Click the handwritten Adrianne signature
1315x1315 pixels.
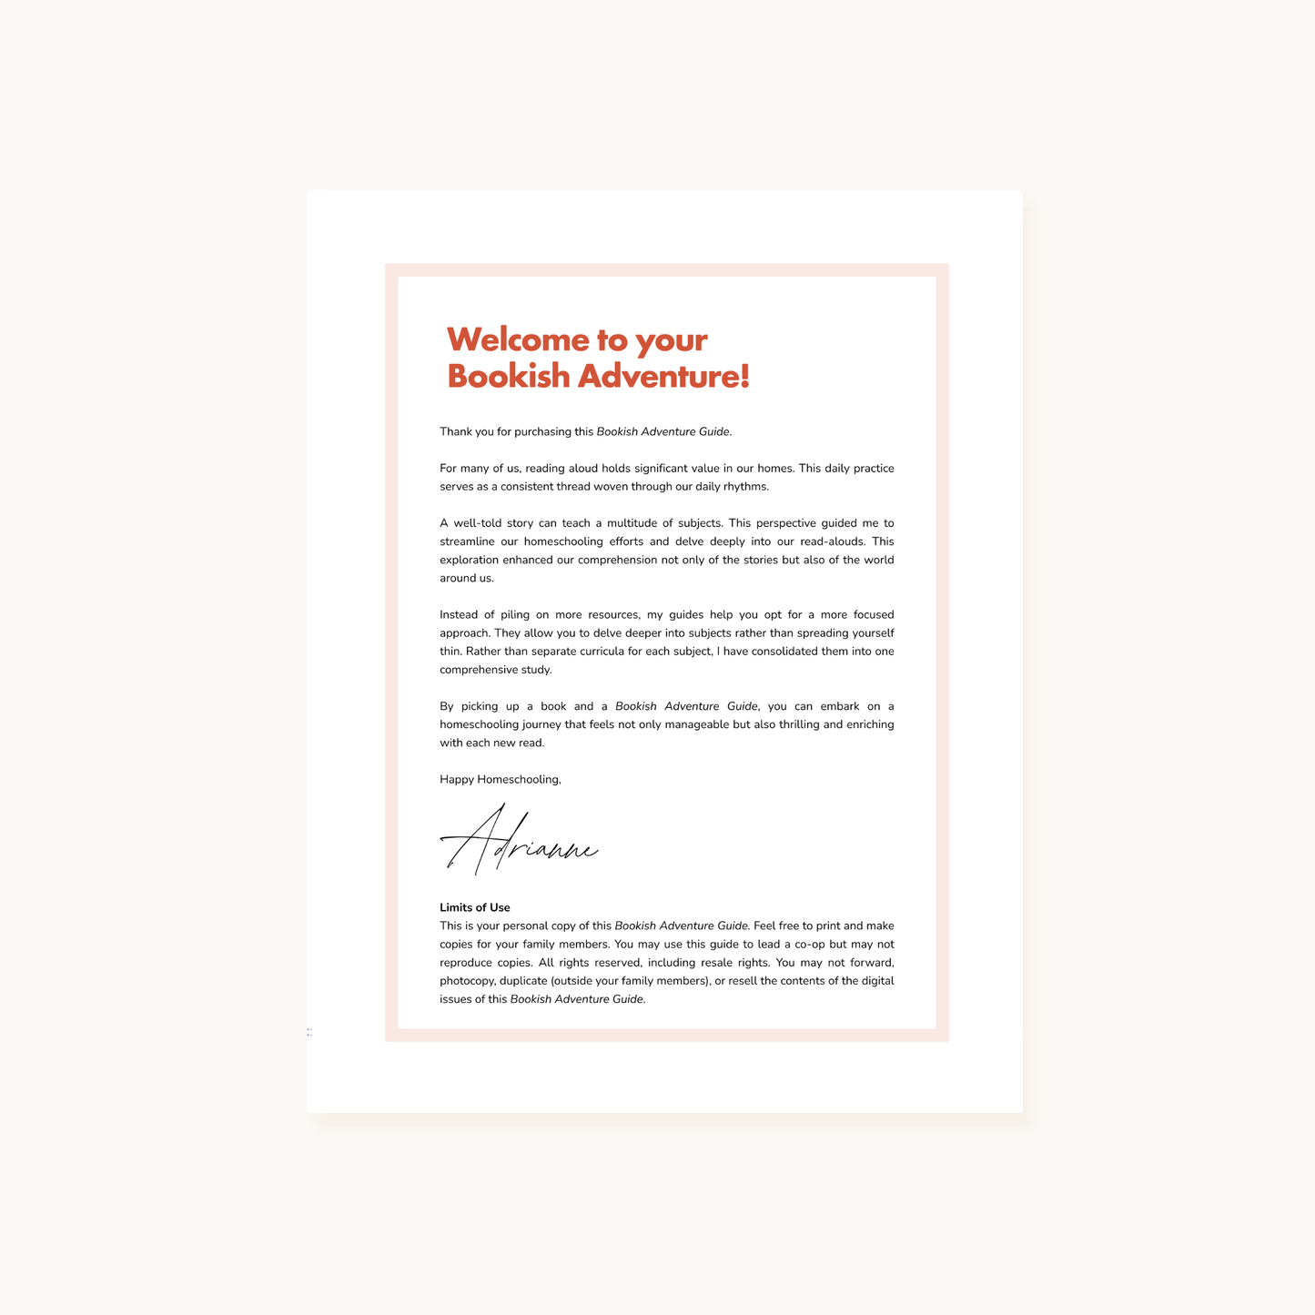click(520, 842)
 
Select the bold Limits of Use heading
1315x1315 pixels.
click(474, 907)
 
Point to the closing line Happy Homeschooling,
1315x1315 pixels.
click(500, 779)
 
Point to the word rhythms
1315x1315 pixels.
click(745, 487)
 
